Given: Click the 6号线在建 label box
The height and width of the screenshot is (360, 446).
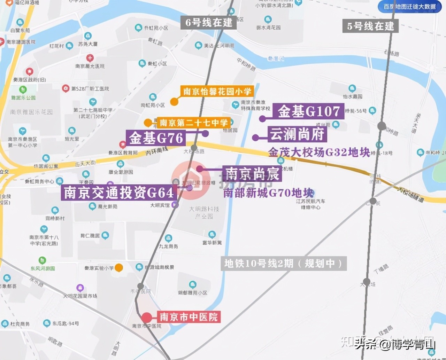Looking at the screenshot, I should [208, 23].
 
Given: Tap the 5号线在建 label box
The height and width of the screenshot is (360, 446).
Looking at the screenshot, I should [370, 26].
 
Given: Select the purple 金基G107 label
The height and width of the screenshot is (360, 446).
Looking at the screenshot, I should [308, 111].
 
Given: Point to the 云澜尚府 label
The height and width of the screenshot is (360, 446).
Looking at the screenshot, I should [297, 134].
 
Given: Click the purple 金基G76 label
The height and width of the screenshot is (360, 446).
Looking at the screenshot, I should [156, 138].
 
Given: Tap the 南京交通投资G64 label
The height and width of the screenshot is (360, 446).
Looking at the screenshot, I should [119, 193].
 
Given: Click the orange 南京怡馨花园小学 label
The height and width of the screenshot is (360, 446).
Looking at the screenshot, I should [217, 92].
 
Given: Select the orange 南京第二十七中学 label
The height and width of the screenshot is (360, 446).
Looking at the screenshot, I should [193, 123].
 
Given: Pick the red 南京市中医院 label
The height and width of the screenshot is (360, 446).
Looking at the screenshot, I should [189, 317].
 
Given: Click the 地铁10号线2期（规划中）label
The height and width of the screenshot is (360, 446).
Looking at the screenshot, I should [284, 264].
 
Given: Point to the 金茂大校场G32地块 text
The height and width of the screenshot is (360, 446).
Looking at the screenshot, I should [319, 152].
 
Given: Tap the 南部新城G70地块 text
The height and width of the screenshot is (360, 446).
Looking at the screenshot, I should [268, 193].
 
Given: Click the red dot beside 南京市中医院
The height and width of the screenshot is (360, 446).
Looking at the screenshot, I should [147, 317].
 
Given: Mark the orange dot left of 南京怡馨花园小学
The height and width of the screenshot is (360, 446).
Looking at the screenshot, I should [174, 102].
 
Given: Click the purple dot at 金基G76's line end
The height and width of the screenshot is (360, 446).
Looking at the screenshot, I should [205, 133].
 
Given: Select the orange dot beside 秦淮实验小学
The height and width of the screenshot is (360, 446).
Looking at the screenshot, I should [119, 267].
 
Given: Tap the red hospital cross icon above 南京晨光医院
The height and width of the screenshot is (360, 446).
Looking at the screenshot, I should [90, 58].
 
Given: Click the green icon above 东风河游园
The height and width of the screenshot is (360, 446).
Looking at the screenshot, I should [42, 260].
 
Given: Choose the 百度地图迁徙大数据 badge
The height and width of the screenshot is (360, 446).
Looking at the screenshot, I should [409, 7].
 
